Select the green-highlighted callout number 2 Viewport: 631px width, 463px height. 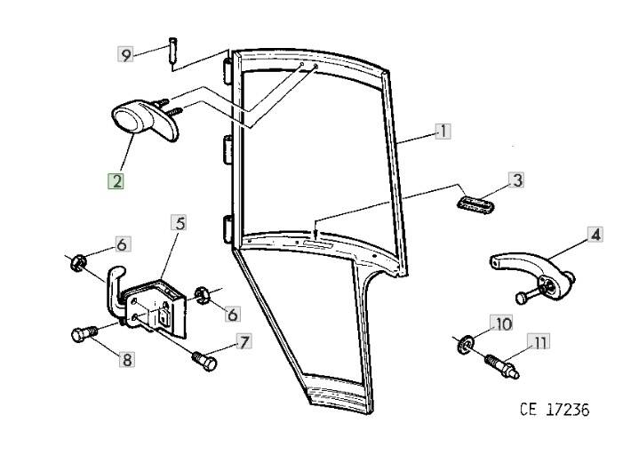pyautogui.click(x=116, y=180)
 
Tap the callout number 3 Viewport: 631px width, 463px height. pyautogui.click(x=515, y=180)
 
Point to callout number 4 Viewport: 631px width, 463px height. pyautogui.click(x=595, y=235)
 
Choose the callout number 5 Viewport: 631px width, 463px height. pyautogui.click(x=180, y=222)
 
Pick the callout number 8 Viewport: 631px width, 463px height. pyautogui.click(x=126, y=360)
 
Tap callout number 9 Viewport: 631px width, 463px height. pyautogui.click(x=126, y=55)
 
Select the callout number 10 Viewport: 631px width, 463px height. pyautogui.click(x=503, y=324)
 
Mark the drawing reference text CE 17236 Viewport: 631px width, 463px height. pyautogui.click(x=554, y=410)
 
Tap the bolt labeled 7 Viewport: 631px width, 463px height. pyautogui.click(x=204, y=360)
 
